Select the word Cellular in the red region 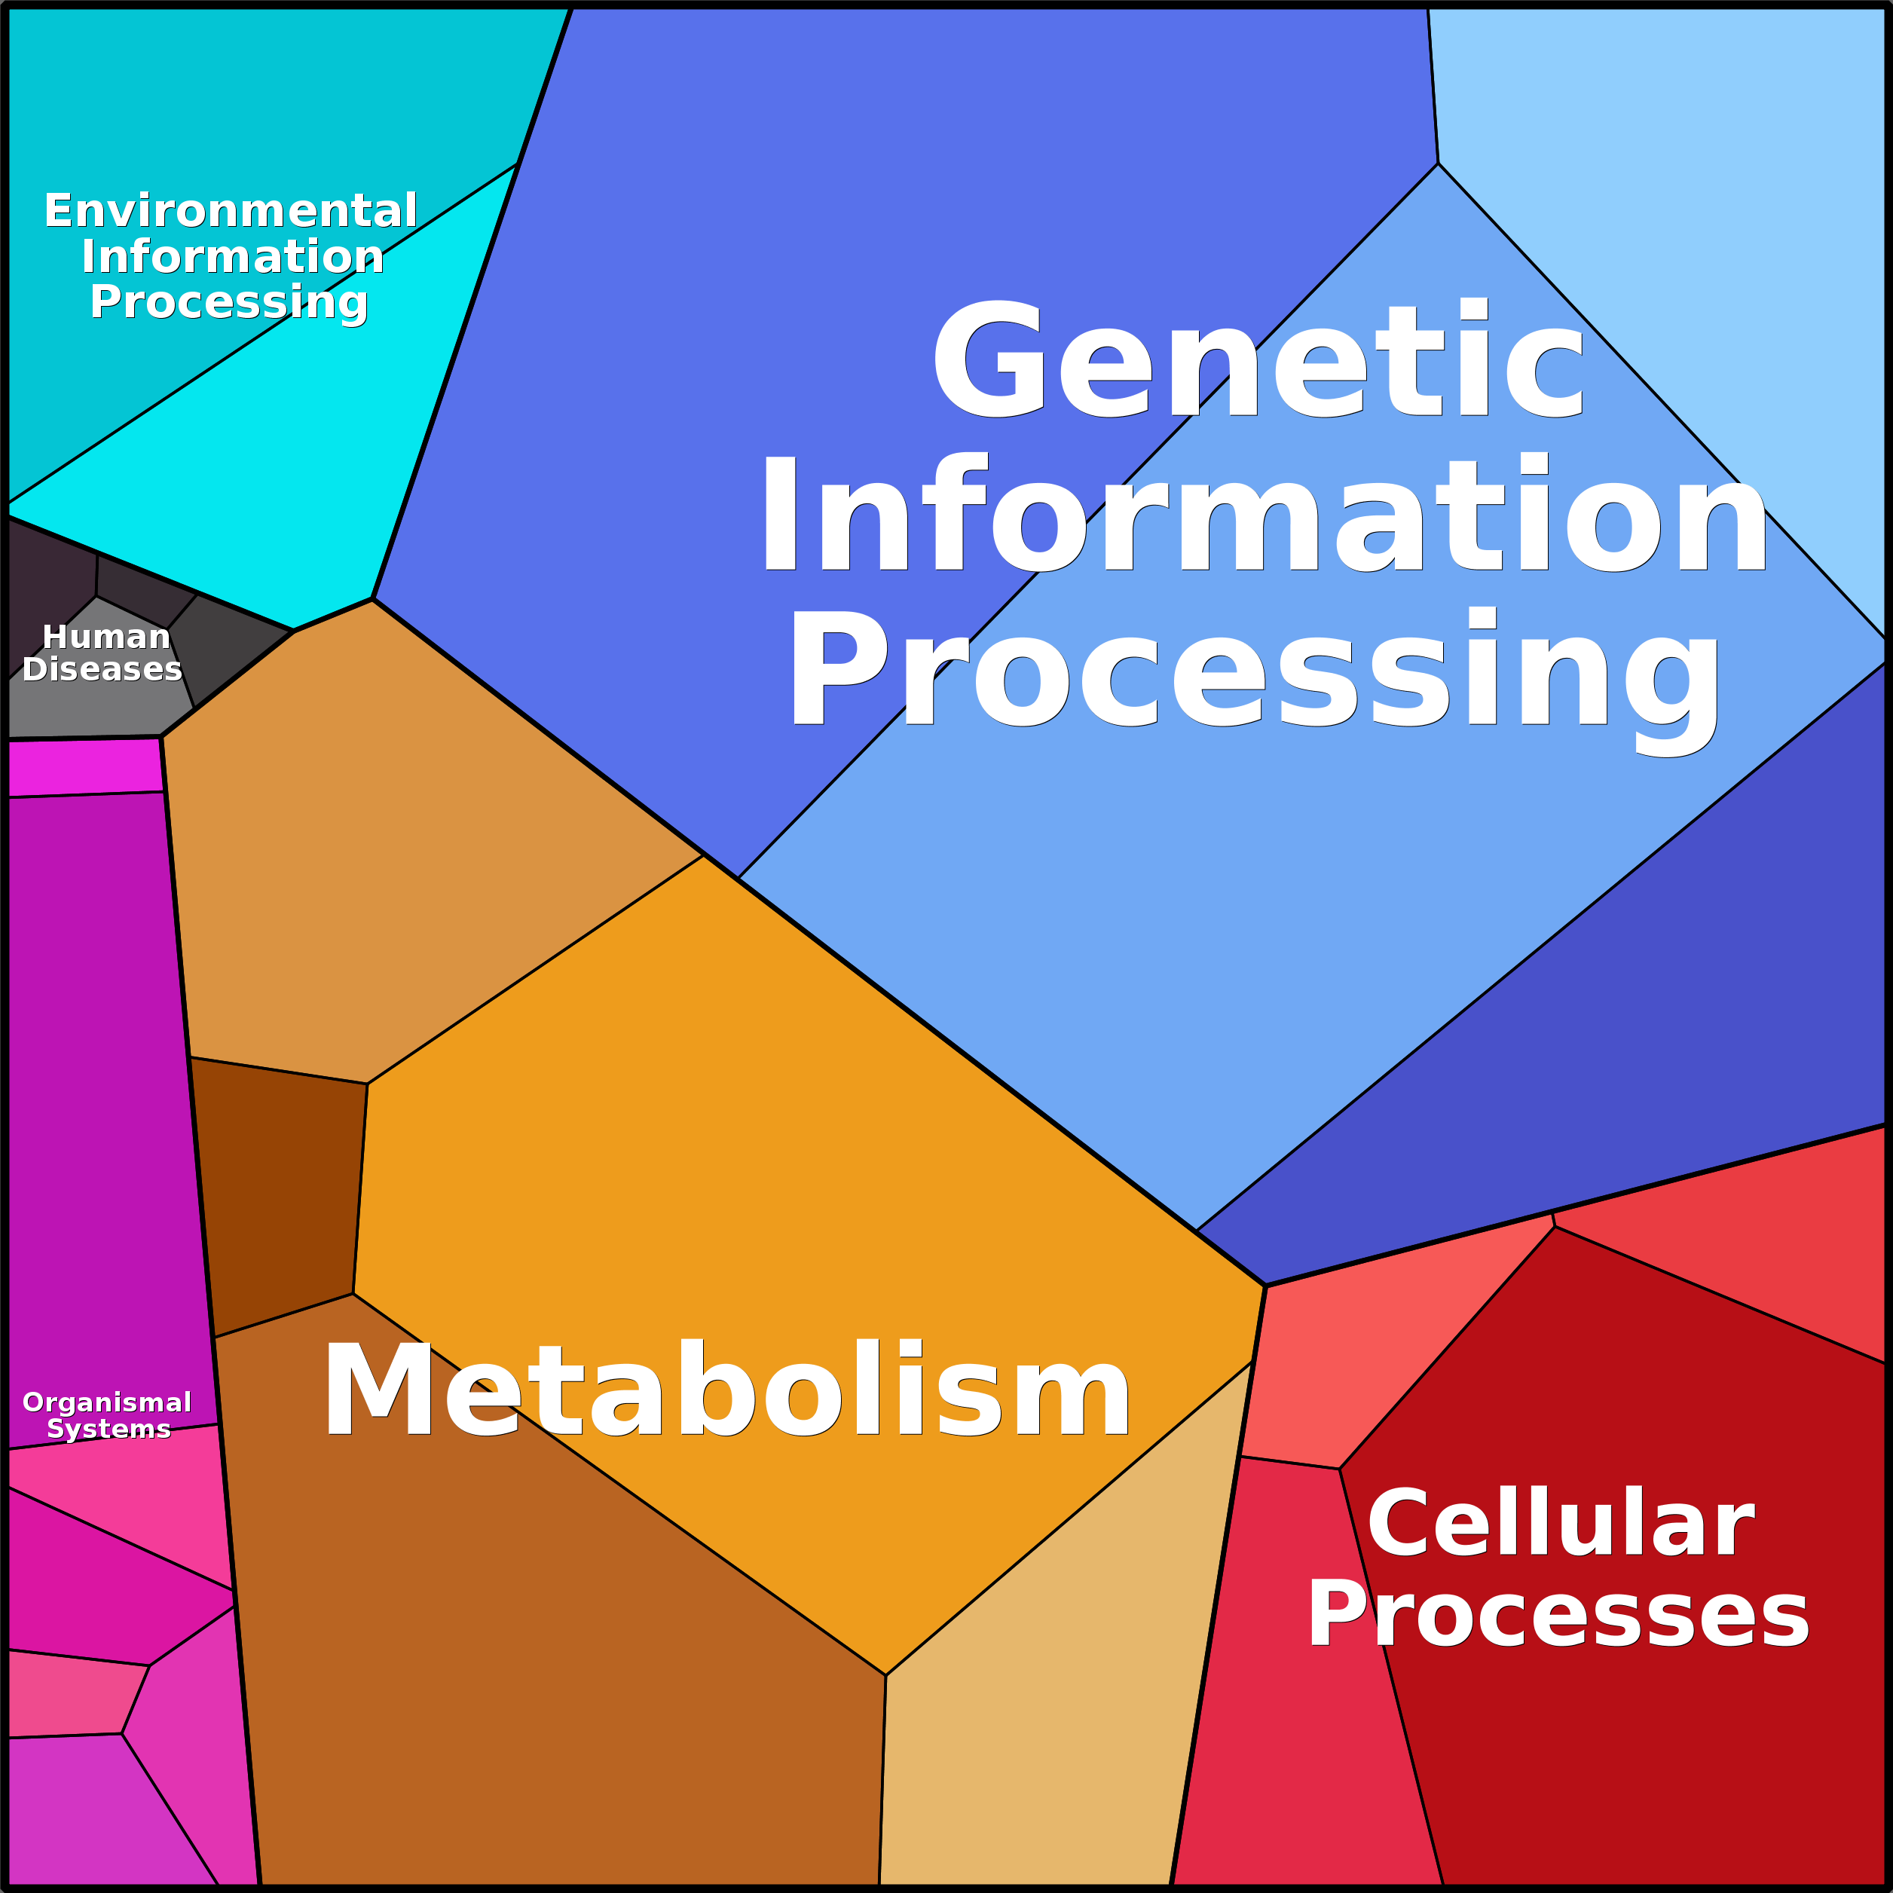click(x=1560, y=1521)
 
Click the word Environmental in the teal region click(x=231, y=211)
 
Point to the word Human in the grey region click(x=106, y=637)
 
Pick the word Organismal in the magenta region click(x=107, y=1402)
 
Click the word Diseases click(x=102, y=669)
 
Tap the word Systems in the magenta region click(x=109, y=1430)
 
